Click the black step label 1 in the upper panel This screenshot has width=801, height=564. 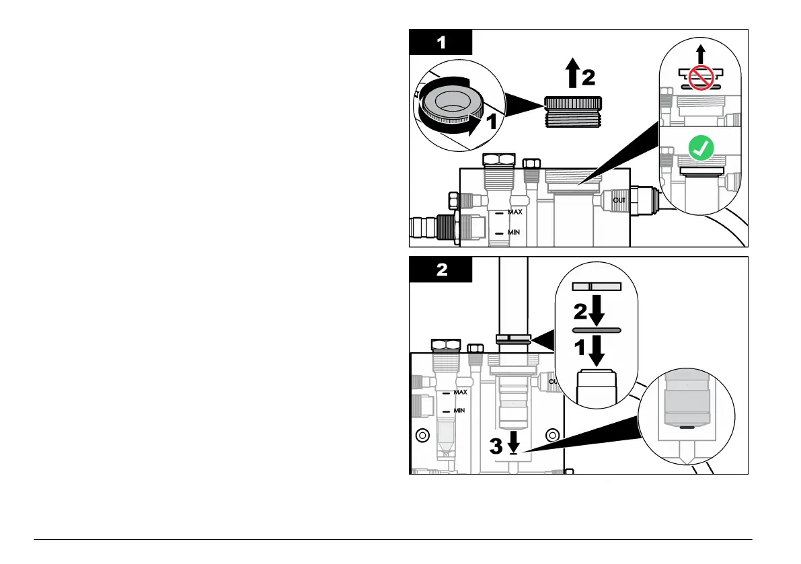[x=441, y=43]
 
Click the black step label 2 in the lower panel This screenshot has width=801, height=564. [x=441, y=270]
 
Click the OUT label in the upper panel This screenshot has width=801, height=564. [x=619, y=199]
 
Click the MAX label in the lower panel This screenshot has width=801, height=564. [x=460, y=392]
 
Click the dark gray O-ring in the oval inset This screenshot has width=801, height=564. [x=597, y=330]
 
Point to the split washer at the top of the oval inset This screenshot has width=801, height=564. [x=595, y=286]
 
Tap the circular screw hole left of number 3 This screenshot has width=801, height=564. [x=422, y=434]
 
